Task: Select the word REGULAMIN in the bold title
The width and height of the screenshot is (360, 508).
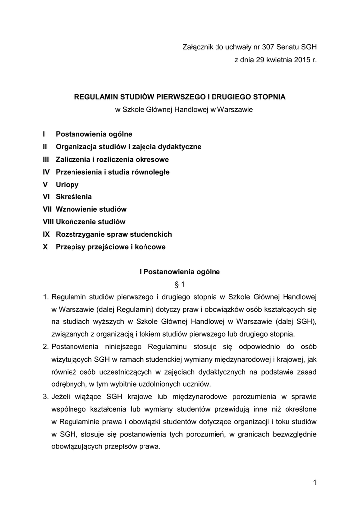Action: [x=97, y=97]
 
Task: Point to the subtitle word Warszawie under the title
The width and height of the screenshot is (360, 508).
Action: [x=232, y=109]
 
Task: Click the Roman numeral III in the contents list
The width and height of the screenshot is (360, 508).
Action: [x=47, y=160]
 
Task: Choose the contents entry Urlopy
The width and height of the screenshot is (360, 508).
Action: [x=67, y=185]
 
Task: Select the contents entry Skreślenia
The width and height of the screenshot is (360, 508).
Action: [x=73, y=197]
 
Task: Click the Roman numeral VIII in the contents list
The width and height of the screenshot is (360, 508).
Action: [x=48, y=222]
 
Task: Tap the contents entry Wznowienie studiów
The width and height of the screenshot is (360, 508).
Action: [x=91, y=209]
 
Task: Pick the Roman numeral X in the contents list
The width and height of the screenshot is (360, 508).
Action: [x=45, y=247]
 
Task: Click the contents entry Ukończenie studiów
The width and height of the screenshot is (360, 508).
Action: [x=90, y=222]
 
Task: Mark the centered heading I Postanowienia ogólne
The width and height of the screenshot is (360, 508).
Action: [x=179, y=272]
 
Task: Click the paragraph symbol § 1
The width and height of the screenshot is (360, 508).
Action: [x=180, y=285]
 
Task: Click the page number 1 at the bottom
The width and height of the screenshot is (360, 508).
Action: [x=315, y=482]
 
